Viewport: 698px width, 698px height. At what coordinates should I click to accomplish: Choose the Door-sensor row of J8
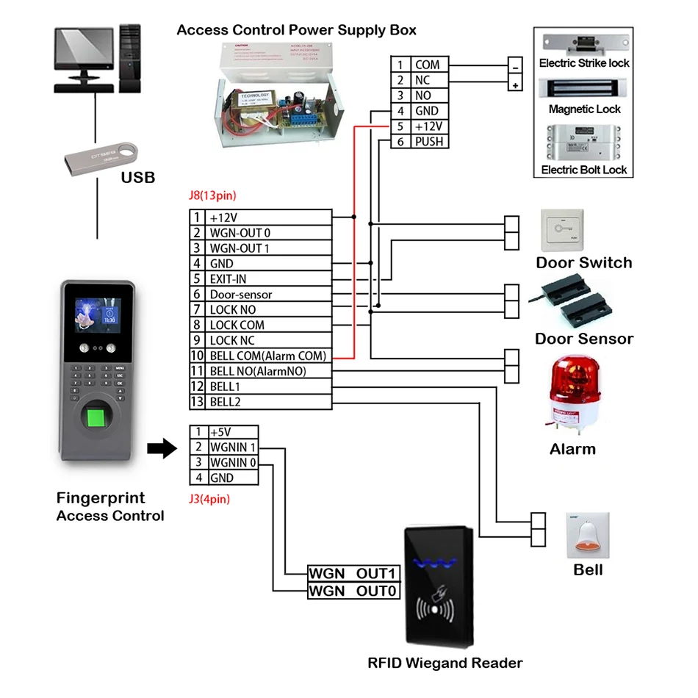[x=240, y=295]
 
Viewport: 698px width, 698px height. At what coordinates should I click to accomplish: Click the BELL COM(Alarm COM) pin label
[x=267, y=356]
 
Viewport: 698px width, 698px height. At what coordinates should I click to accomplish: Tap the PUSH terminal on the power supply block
[x=428, y=141]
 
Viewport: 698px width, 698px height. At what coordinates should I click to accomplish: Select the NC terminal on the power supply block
[x=422, y=81]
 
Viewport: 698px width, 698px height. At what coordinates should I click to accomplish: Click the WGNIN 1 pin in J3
[x=233, y=447]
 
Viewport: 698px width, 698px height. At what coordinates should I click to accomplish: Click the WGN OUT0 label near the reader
[x=353, y=591]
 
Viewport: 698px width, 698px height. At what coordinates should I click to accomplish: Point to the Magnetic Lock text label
[x=584, y=109]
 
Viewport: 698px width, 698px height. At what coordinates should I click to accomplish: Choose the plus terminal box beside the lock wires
[x=516, y=85]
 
